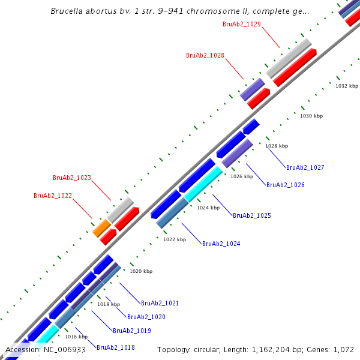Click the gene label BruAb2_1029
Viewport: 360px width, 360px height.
[x=241, y=24]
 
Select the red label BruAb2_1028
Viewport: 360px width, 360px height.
[x=205, y=55]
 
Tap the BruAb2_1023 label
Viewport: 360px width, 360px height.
[x=72, y=178]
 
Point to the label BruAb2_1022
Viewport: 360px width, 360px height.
[x=53, y=196]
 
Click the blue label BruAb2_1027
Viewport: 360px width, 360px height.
[x=305, y=168]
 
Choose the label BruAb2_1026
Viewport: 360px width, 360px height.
[x=286, y=185]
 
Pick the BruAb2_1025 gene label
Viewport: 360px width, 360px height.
[x=252, y=215]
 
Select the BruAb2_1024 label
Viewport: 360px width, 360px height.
[x=221, y=244]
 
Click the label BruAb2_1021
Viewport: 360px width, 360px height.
[x=160, y=304]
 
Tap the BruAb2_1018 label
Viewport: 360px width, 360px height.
[x=116, y=347]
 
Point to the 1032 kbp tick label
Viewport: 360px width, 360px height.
[x=346, y=86]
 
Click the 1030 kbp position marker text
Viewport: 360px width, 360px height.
[x=311, y=116]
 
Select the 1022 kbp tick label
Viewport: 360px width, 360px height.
[x=175, y=239]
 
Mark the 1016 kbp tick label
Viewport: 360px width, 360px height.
[x=76, y=337]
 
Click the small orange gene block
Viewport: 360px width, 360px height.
[x=101, y=228]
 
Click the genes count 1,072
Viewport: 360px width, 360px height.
[x=343, y=349]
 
